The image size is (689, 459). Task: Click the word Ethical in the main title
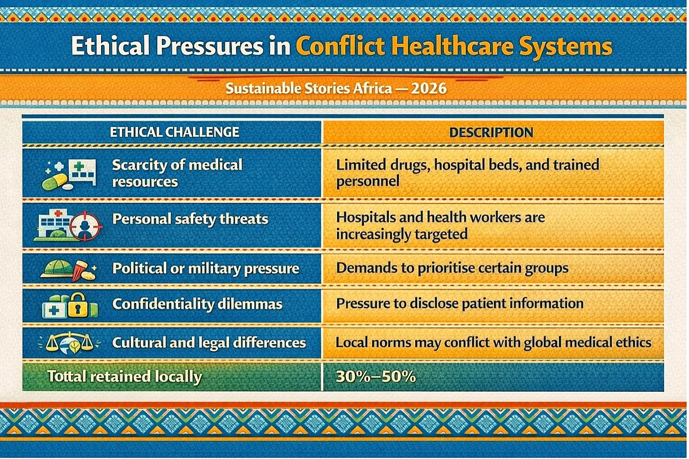(111, 46)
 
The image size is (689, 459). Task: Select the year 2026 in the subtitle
(429, 89)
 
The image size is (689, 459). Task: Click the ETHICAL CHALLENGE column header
(174, 132)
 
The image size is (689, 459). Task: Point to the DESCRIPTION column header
(491, 132)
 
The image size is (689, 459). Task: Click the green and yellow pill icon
(55, 182)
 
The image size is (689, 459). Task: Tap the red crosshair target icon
(85, 226)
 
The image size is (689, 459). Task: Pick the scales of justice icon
(70, 343)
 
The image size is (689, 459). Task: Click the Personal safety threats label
(190, 220)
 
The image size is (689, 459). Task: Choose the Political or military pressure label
(206, 268)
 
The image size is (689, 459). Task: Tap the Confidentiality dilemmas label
(197, 304)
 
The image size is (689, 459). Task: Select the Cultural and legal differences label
(209, 343)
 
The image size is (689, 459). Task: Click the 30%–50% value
(375, 376)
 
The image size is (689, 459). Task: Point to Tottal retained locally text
(124, 376)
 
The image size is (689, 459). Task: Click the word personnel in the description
(367, 181)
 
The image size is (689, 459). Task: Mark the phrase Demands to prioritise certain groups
(452, 268)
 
